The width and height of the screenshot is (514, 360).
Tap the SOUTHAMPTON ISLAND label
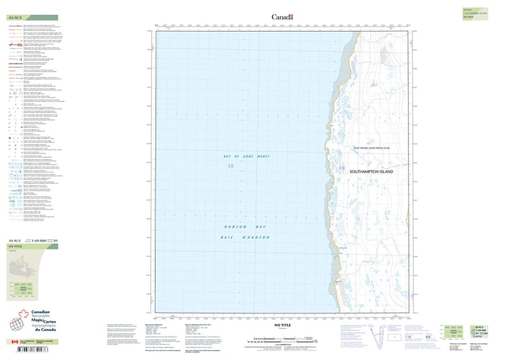(373, 172)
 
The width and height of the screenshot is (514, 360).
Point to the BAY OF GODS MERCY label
(246, 157)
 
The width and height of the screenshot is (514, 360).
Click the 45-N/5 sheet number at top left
(13, 17)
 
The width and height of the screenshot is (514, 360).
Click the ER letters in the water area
(231, 166)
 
